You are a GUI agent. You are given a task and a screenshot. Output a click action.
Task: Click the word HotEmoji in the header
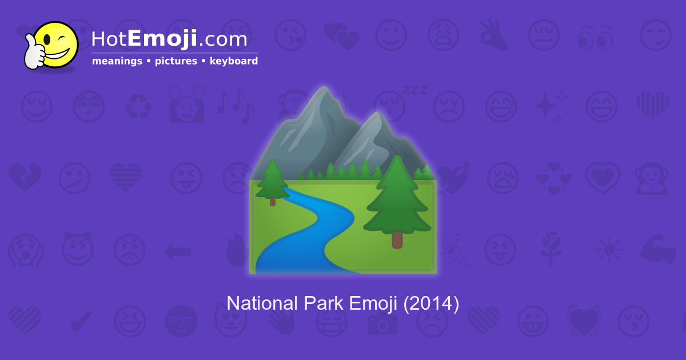click(144, 39)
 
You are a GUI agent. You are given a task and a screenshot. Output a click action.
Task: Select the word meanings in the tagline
click(117, 61)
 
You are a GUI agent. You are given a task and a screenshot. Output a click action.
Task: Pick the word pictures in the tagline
click(176, 61)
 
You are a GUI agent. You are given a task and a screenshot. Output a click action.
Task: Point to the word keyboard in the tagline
click(234, 61)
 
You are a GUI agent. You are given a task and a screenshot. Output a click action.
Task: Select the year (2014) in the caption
click(431, 303)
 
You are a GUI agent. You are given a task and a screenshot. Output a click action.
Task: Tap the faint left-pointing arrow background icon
click(177, 251)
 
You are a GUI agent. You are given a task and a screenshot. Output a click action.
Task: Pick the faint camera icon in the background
click(382, 323)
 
